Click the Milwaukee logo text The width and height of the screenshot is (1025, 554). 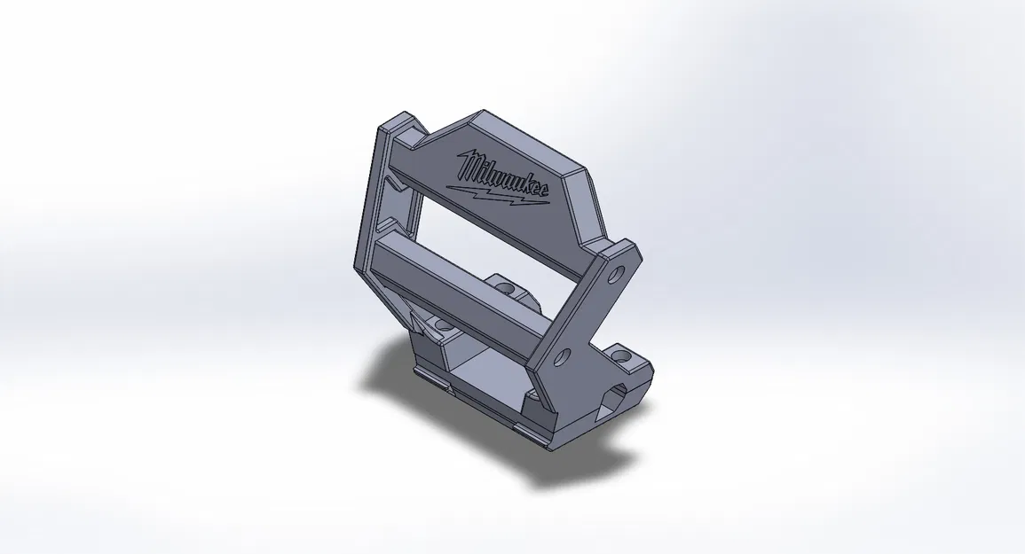pos(501,175)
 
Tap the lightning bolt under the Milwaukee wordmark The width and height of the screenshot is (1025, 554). pos(497,194)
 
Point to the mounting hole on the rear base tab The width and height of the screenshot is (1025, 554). pos(506,288)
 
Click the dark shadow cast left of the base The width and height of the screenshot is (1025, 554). pos(390,381)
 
